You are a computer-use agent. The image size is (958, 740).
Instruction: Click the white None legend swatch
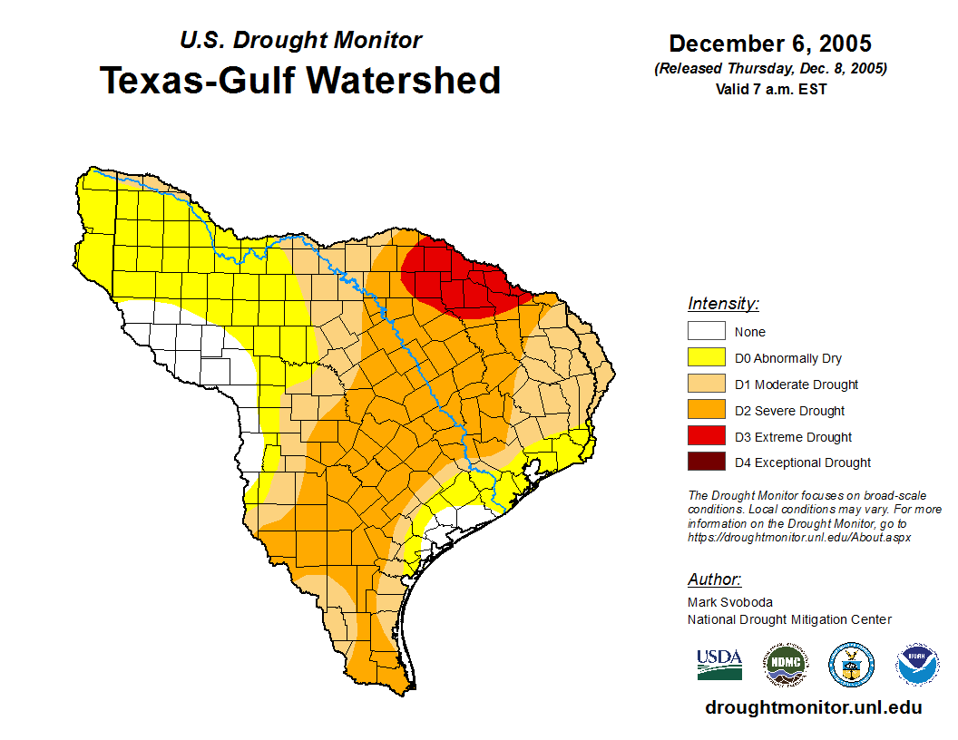tap(706, 332)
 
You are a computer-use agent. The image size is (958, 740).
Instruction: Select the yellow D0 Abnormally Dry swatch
tap(706, 358)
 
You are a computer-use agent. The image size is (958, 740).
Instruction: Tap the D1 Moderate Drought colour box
tap(706, 385)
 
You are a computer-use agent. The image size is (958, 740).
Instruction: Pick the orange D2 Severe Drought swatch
tap(706, 411)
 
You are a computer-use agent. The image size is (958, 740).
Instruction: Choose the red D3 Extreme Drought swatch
tap(706, 437)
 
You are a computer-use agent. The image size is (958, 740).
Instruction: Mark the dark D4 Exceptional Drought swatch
tap(706, 462)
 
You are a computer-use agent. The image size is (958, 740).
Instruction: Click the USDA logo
tap(719, 665)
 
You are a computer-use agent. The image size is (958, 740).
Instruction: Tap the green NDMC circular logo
tap(785, 665)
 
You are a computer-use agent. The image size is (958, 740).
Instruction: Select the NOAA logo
tap(917, 665)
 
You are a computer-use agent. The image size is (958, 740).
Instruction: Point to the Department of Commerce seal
tap(851, 665)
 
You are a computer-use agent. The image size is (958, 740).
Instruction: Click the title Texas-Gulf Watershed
tap(300, 80)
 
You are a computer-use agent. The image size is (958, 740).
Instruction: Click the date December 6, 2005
tap(770, 44)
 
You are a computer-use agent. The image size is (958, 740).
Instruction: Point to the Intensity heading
tap(723, 304)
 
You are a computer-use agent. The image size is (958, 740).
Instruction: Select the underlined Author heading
tap(714, 579)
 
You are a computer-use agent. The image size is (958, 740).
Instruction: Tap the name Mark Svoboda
tap(729, 602)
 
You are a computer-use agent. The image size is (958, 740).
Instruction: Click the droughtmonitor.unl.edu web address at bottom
tap(813, 708)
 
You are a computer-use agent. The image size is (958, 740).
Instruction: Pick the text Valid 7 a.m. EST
tap(770, 89)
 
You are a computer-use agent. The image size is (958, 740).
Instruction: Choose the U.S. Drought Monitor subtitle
tap(300, 41)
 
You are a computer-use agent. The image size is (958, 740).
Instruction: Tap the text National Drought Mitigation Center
tap(789, 619)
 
